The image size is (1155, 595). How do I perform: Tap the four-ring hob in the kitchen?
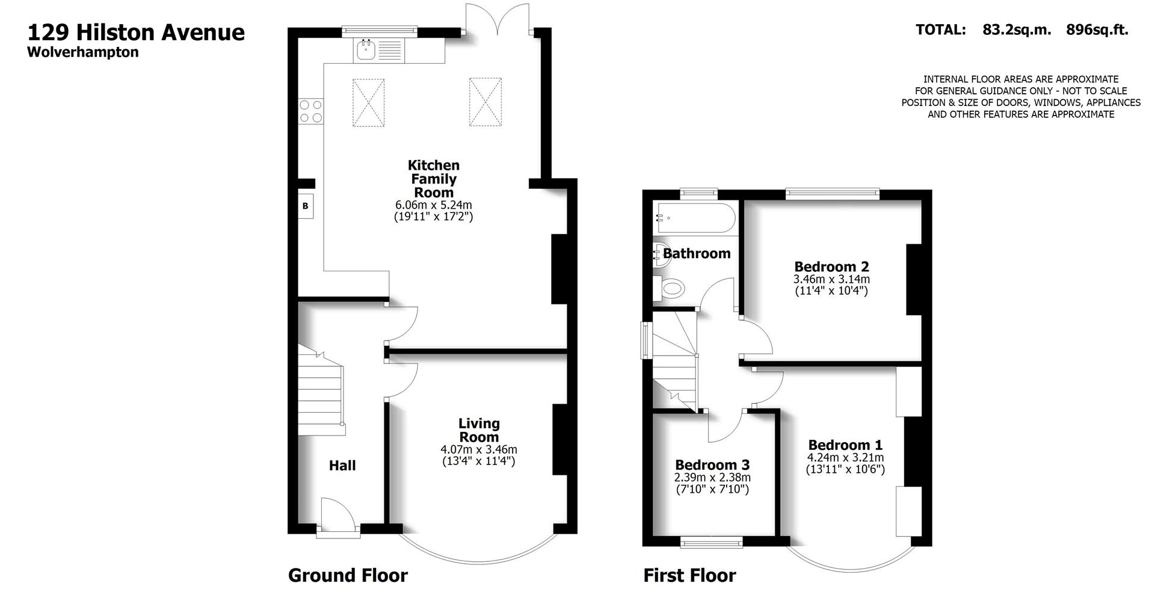pos(311,111)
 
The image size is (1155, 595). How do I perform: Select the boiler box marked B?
pos(306,206)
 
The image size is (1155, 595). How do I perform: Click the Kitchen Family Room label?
pos(433,179)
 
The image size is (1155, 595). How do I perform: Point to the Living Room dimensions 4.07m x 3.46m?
pos(479,449)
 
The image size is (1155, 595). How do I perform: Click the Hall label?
pos(342,465)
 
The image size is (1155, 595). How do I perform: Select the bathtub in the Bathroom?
pos(695,218)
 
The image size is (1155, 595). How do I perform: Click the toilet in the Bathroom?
pos(670,288)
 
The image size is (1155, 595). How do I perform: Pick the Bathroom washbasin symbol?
pos(660,254)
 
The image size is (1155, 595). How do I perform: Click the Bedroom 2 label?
pos(831,267)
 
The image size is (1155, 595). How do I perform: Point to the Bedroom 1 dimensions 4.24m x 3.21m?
pos(845,458)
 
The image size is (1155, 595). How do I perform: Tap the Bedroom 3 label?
pos(712,465)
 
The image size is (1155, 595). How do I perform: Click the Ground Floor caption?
pos(348,575)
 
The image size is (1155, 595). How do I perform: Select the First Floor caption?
pos(689,575)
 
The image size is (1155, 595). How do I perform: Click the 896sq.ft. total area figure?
pos(1097,29)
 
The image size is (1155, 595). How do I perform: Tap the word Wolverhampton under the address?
pos(83,52)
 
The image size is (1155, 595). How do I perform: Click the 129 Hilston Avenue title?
pos(136,32)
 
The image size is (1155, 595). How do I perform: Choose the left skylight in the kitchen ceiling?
pos(368,102)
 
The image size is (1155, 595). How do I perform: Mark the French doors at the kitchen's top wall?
pos(497,24)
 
